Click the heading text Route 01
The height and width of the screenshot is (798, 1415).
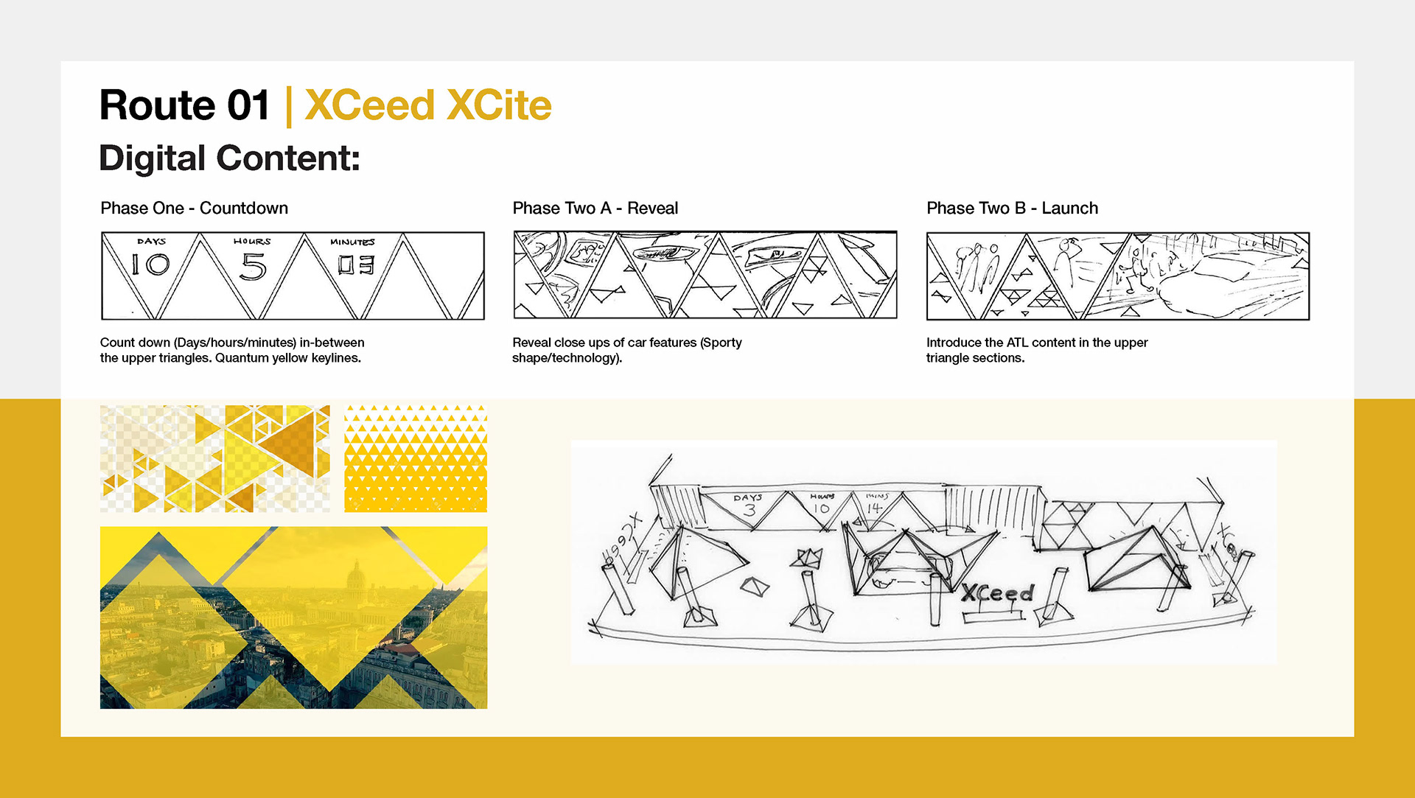[184, 105]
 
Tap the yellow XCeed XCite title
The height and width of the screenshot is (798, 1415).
[428, 105]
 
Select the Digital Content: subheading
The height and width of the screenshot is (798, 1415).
[229, 158]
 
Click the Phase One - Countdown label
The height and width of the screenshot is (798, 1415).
[194, 209]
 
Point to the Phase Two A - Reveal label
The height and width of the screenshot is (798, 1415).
[595, 209]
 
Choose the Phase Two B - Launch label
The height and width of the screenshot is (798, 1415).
[1012, 209]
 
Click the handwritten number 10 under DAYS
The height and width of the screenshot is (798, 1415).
[150, 265]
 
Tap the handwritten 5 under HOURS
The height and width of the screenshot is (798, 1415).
[253, 267]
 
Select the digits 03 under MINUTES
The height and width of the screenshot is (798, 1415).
[356, 265]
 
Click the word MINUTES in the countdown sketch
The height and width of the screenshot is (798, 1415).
[352, 242]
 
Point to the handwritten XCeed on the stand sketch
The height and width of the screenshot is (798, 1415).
[998, 593]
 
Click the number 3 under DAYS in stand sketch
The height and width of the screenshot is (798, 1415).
[750, 509]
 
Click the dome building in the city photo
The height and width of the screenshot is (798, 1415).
[356, 575]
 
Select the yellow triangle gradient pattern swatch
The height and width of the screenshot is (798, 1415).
[416, 458]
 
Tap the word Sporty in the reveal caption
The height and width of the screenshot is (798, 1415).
[723, 343]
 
